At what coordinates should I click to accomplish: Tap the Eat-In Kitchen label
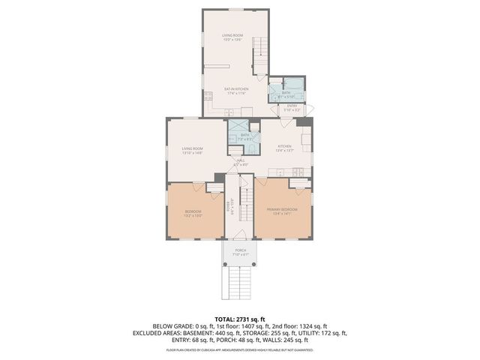point(235,89)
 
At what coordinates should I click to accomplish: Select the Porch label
point(240,250)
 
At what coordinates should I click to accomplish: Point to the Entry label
point(292,106)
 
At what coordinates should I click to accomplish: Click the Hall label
point(240,160)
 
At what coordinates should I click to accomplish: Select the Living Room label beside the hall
point(192,148)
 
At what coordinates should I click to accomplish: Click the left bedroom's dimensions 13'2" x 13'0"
point(193,215)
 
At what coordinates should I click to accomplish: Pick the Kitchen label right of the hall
point(284,146)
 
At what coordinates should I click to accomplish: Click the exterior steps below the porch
point(240,283)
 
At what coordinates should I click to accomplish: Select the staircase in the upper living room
point(260,52)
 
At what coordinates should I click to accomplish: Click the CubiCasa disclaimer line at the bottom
point(240,349)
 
